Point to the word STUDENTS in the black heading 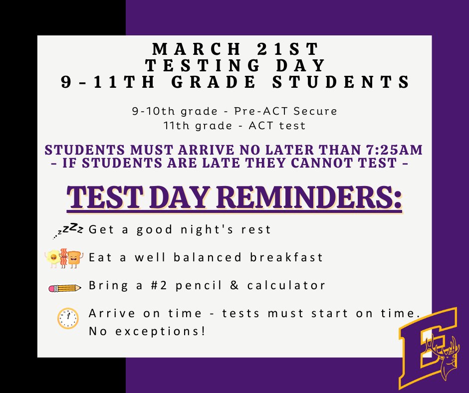(352, 82)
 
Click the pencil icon (64, 288)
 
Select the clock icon (68, 318)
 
